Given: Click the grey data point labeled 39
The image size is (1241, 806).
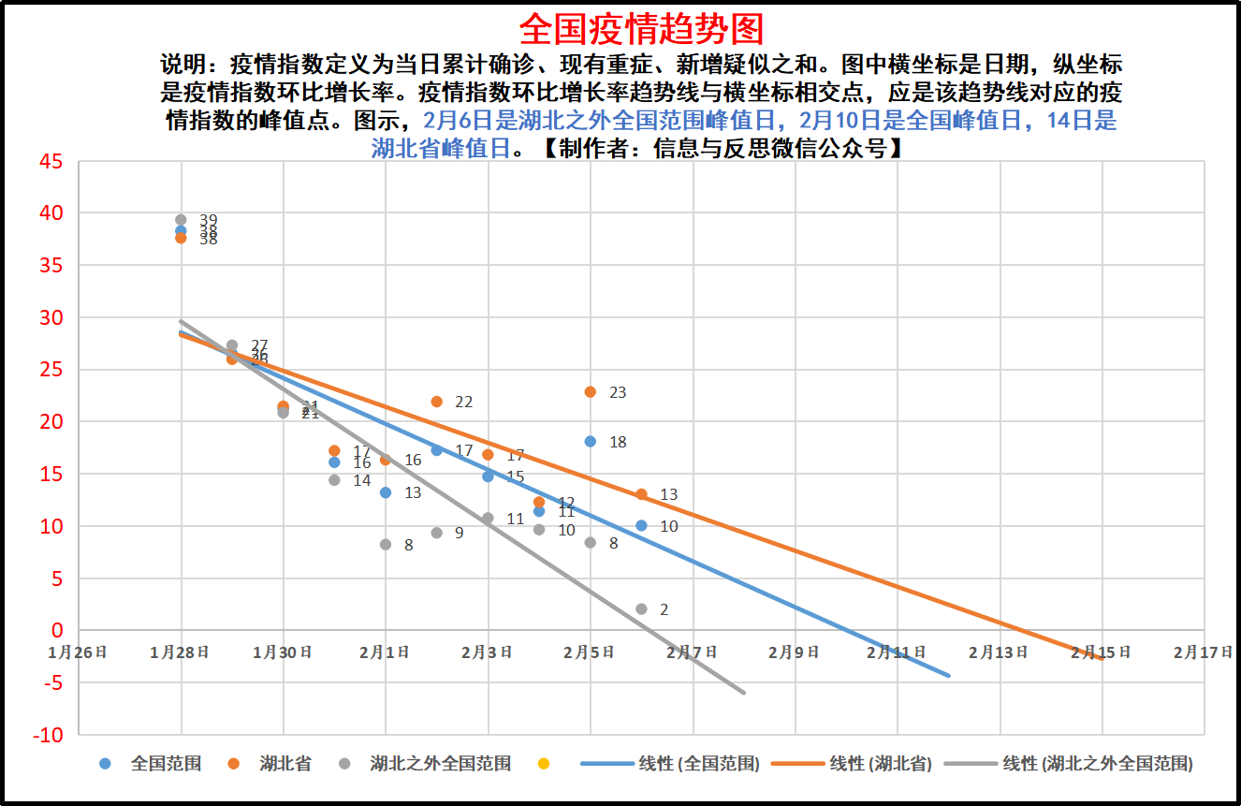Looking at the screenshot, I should [181, 220].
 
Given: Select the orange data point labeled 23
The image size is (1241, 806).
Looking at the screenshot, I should [590, 392].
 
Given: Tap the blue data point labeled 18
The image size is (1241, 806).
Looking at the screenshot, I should [590, 442].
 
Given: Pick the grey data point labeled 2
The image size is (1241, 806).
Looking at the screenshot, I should [641, 609].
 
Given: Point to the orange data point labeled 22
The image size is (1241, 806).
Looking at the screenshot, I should [436, 402].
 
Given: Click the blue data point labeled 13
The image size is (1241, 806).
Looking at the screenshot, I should [386, 492].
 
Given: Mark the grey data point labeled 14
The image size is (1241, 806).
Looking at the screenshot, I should [334, 480].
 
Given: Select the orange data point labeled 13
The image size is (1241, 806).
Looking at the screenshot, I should [641, 494].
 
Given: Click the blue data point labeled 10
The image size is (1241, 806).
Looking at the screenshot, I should [641, 526].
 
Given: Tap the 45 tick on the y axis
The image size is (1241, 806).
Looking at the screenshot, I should [51, 162].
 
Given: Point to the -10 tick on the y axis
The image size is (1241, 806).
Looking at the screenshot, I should [48, 735].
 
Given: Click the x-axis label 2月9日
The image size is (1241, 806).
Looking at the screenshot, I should [794, 652].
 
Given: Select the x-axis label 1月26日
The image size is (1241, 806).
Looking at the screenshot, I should [79, 652].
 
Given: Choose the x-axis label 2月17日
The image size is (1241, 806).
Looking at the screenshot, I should [1203, 652].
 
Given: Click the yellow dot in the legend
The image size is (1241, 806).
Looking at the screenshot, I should [544, 764].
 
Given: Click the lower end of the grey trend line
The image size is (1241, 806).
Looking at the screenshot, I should [744, 693].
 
